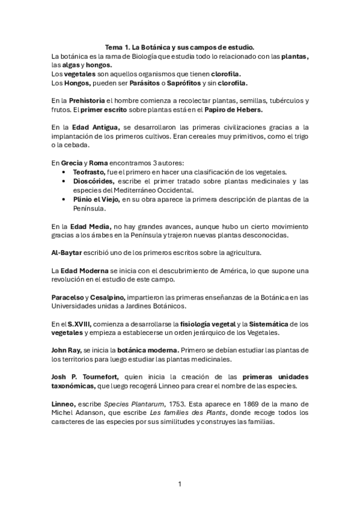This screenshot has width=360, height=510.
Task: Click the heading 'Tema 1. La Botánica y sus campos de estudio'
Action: [x=180, y=48]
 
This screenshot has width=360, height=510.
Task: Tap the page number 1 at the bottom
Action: [x=180, y=484]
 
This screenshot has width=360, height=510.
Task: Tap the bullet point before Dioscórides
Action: [x=64, y=181]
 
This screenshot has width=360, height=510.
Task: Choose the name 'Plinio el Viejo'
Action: [x=96, y=199]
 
